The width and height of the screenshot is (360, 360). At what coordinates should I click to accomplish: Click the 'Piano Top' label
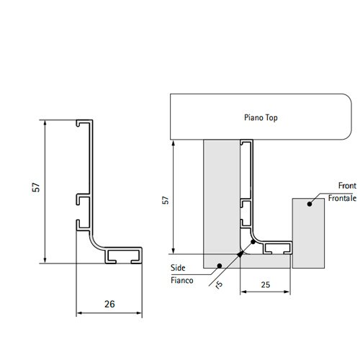coord(261,117)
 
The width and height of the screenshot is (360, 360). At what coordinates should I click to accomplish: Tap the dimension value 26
coord(109,304)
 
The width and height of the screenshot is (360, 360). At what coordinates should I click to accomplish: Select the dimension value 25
coord(266,284)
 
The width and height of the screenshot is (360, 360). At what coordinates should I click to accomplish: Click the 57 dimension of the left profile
coord(36,187)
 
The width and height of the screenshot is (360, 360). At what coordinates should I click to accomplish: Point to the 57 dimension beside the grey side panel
coord(166,200)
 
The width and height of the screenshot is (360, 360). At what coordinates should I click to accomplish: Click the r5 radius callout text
coord(219,284)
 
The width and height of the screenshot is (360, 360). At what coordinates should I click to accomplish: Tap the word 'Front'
coord(347,186)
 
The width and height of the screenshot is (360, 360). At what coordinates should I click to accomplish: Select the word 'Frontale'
coord(342,198)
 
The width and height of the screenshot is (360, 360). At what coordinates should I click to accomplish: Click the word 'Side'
coord(178,268)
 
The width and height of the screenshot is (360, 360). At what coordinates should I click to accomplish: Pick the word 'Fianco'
coord(182,280)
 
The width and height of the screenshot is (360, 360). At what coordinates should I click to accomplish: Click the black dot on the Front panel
coord(310,204)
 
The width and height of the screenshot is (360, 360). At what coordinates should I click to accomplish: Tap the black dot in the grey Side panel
coord(219,266)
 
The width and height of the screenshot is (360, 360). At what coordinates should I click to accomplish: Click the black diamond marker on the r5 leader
coord(240,254)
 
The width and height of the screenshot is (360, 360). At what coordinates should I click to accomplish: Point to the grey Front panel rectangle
coord(308,233)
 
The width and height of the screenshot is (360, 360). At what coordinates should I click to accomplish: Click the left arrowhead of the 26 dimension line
coord(79,313)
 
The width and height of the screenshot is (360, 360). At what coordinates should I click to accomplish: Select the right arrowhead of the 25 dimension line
coord(287,292)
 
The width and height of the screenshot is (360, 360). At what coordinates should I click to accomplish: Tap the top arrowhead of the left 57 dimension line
coord(45,123)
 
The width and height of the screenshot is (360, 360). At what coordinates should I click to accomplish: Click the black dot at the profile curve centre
coord(253,242)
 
